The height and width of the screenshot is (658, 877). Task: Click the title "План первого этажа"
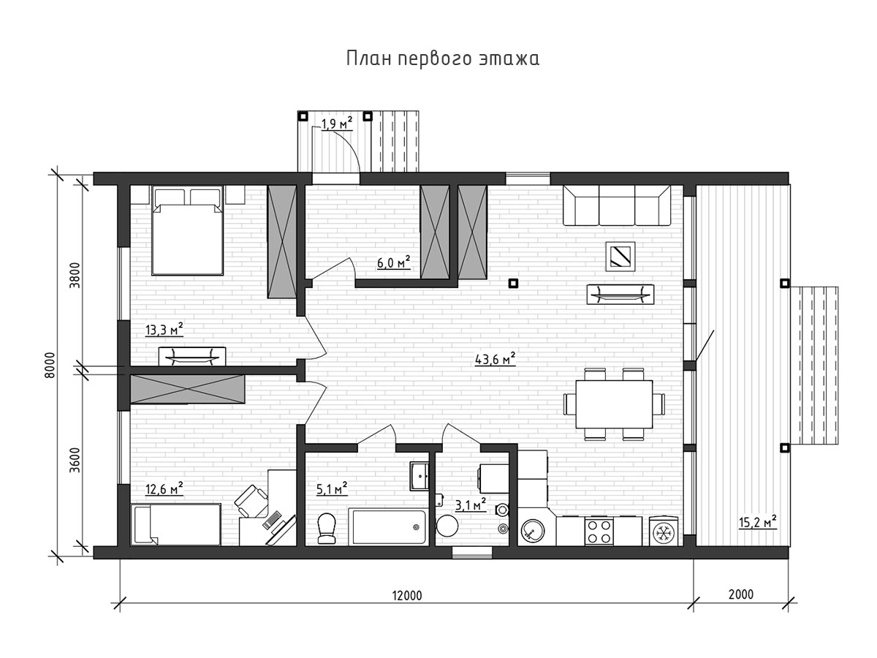point(442,58)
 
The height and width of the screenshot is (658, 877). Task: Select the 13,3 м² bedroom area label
point(164,330)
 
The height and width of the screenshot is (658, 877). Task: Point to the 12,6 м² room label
point(164,488)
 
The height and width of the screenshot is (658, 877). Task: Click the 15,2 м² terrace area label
point(758,522)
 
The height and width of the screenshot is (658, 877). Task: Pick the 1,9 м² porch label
point(337,124)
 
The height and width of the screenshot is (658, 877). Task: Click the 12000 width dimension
point(407,596)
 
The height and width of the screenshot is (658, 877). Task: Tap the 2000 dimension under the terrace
point(741,594)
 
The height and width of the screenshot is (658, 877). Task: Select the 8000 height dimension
point(49,365)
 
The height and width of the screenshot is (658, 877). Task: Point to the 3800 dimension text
point(75,276)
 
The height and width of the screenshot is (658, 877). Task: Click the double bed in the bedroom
point(187,230)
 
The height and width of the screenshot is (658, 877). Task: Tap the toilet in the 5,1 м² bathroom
point(327,528)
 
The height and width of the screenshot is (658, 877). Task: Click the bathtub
point(387,526)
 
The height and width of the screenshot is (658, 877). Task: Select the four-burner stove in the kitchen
point(599,531)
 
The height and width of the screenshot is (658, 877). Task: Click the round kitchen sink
point(533,531)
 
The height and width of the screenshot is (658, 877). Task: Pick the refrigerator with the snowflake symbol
point(664,532)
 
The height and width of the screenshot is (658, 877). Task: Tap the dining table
point(614,404)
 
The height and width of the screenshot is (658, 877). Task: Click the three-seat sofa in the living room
point(617,205)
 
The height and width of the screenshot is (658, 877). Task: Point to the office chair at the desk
point(251,501)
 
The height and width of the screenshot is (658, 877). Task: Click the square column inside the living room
point(513,283)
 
